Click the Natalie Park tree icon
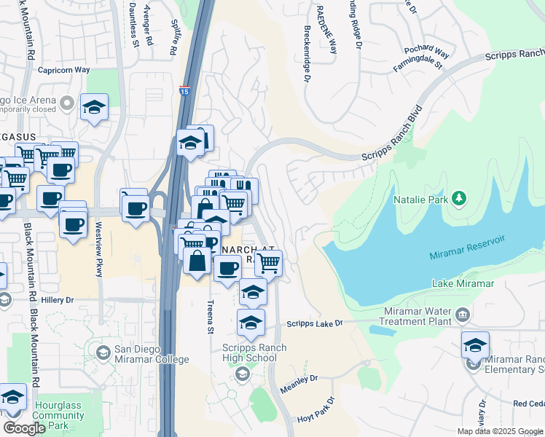pos(459,198)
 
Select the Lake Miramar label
pos(463,283)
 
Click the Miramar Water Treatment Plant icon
pos(462,315)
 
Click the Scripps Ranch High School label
pos(250,353)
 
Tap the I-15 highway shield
pos(184,91)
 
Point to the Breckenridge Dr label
pos(307,55)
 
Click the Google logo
pos(23,428)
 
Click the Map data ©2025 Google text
pos(500,431)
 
